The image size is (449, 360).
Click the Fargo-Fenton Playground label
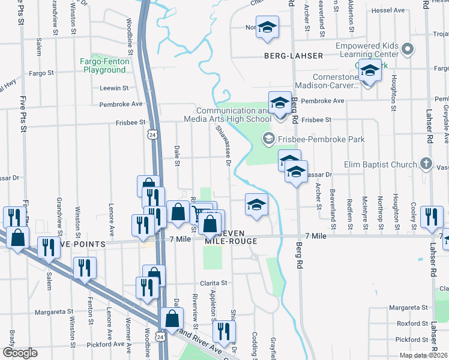[104, 65]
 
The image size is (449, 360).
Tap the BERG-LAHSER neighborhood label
[293, 56]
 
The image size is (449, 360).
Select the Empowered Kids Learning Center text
[358, 50]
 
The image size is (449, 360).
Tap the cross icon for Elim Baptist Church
[426, 163]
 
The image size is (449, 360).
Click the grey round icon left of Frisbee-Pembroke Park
[268, 139]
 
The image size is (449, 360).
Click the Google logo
[20, 353]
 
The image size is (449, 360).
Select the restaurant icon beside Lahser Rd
[432, 217]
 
